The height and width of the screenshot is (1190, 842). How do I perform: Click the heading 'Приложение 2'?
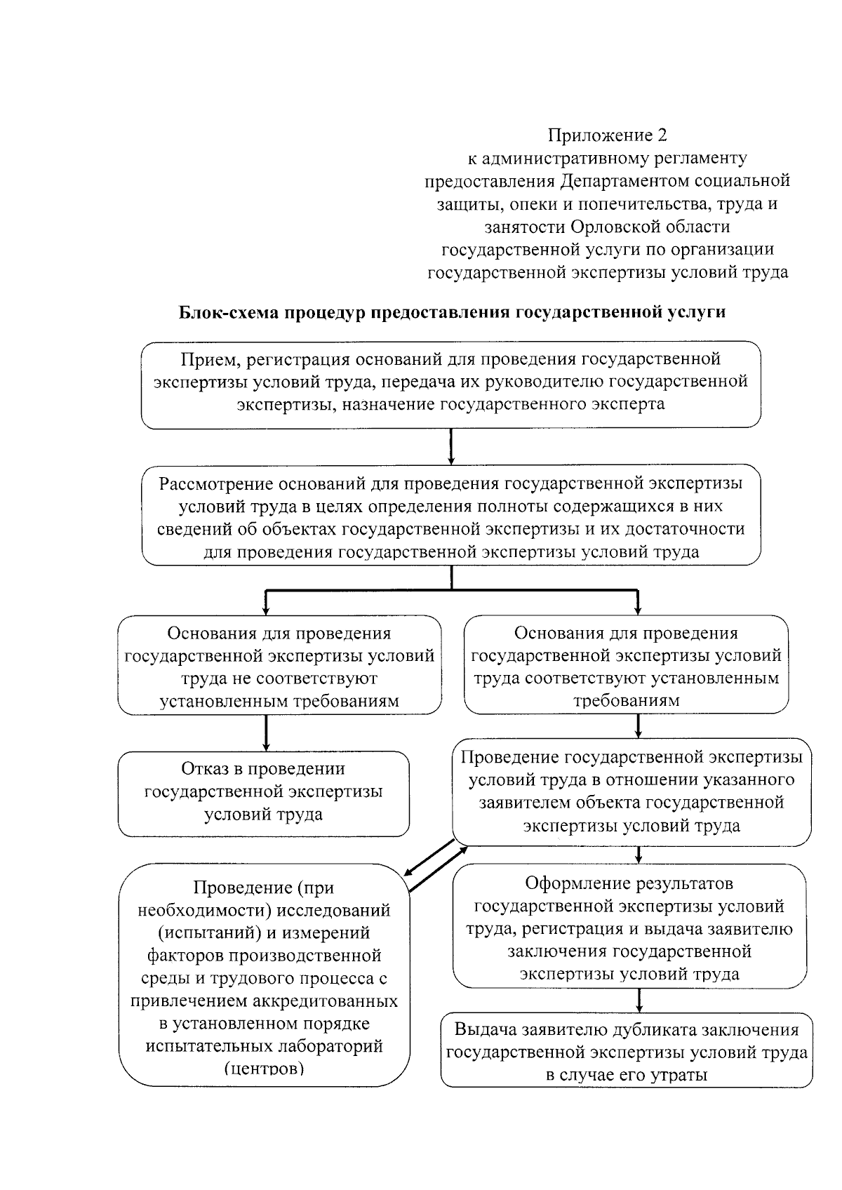pos(607,135)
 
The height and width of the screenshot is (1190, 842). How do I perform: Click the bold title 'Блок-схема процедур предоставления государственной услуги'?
pos(452,312)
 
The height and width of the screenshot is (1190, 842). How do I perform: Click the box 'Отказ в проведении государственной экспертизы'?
pos(263,792)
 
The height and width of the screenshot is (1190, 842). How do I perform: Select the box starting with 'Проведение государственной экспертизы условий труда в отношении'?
pos(631,791)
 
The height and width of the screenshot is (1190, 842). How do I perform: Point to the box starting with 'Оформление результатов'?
pos(629,928)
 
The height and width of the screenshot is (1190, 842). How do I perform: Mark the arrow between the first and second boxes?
pos(450,446)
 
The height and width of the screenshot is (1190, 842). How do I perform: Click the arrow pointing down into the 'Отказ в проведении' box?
pos(266,733)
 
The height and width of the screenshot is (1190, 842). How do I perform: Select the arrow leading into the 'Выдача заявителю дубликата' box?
pos(639,1000)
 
